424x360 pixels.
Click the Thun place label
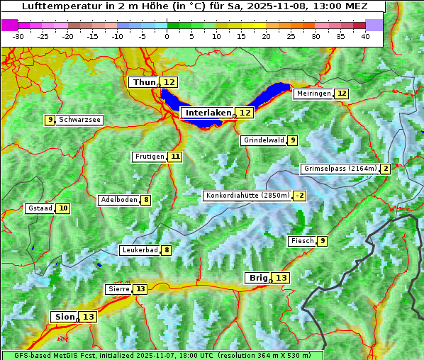[x=144, y=82]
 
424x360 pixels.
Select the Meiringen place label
[x=313, y=94]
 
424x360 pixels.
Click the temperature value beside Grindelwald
[x=292, y=140]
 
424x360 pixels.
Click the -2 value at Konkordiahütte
[x=300, y=196]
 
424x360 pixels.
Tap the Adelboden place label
[x=118, y=200]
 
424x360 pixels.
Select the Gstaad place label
[x=40, y=208]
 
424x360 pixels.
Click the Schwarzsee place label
[x=79, y=120]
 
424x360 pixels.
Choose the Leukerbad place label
[x=139, y=250]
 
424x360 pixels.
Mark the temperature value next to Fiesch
[x=323, y=241]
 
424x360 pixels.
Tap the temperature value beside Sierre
[x=140, y=289]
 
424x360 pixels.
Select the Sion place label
[x=63, y=317]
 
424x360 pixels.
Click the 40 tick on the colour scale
[x=365, y=36]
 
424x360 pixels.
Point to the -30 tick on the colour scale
[x=18, y=36]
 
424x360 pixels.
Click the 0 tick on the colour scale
[x=167, y=36]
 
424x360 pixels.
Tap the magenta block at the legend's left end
[x=10, y=25]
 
